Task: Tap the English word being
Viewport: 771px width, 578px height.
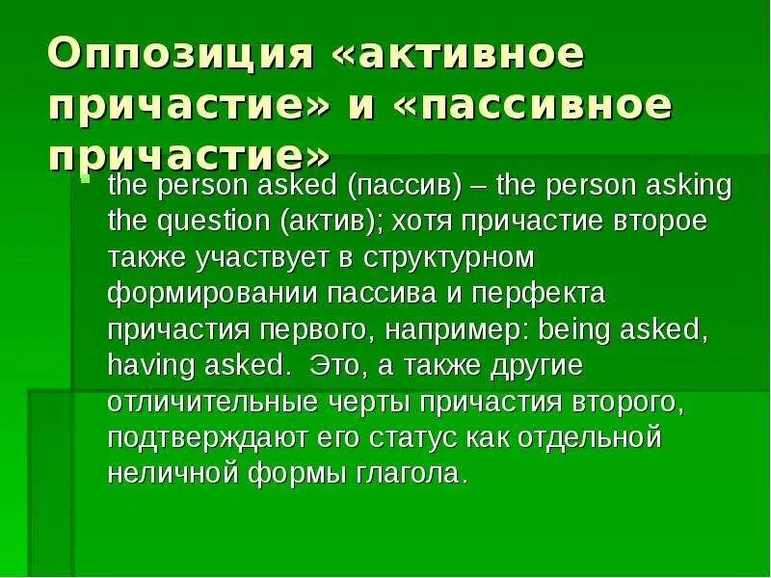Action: coord(576,328)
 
